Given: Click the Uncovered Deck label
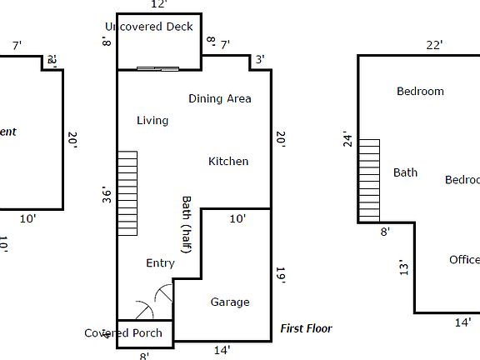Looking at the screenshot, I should pyautogui.click(x=149, y=27).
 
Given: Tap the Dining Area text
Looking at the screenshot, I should pyautogui.click(x=219, y=98).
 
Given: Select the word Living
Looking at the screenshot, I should pyautogui.click(x=152, y=120).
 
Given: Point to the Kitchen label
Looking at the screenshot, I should pyautogui.click(x=228, y=161).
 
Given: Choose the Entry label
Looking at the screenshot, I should pyautogui.click(x=160, y=263).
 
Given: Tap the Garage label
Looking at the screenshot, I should pyautogui.click(x=229, y=302).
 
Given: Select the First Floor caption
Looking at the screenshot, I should pyautogui.click(x=306, y=328).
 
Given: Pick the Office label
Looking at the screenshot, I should pyautogui.click(x=464, y=259).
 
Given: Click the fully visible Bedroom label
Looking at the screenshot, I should pyautogui.click(x=420, y=91).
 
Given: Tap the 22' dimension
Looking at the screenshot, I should pyautogui.click(x=434, y=45).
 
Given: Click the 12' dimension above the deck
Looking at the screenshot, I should pyautogui.click(x=159, y=5).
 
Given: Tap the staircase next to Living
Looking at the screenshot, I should pyautogui.click(x=127, y=193).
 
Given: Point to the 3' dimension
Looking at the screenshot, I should pyautogui.click(x=260, y=59).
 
